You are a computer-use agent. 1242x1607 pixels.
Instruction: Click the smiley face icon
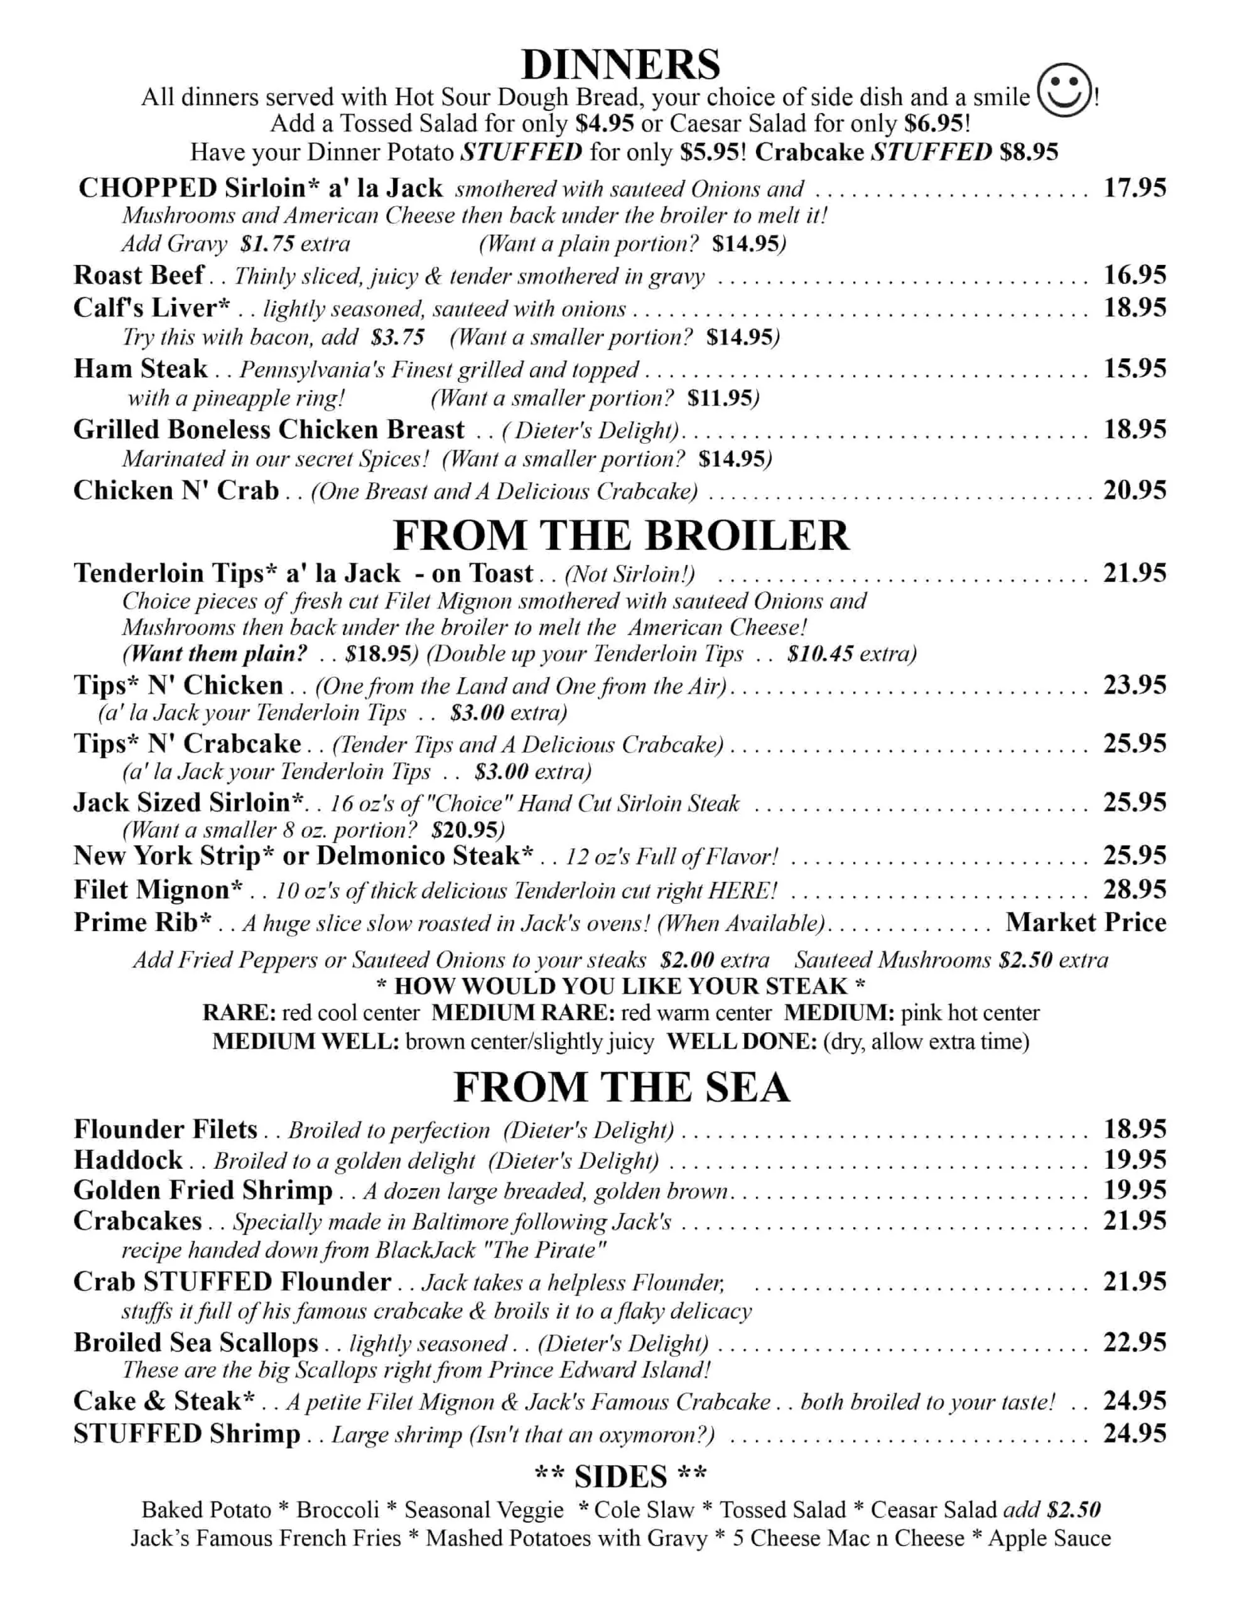(x=1063, y=90)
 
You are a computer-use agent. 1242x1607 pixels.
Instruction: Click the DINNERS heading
(x=620, y=65)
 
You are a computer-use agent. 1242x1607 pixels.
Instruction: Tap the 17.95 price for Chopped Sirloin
(x=1135, y=188)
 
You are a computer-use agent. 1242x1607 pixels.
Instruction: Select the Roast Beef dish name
(x=138, y=275)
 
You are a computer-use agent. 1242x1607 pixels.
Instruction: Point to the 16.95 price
(x=1135, y=275)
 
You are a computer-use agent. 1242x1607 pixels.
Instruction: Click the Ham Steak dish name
(x=141, y=368)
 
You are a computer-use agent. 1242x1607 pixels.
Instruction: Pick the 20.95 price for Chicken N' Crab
(x=1135, y=490)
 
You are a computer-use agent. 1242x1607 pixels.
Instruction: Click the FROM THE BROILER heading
(x=620, y=535)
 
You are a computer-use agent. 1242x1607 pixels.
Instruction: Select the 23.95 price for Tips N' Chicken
(x=1135, y=685)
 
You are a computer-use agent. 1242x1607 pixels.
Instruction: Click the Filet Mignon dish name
(x=158, y=890)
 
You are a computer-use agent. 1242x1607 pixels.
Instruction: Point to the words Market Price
(x=1086, y=923)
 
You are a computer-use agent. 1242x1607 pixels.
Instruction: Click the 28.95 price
(x=1135, y=890)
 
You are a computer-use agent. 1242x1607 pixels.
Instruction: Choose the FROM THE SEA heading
(x=620, y=1087)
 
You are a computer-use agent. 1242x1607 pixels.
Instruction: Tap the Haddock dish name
(x=128, y=1160)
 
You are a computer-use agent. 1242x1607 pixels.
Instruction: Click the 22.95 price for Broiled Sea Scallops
(x=1135, y=1343)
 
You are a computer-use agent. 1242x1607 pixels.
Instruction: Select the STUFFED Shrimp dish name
(x=187, y=1434)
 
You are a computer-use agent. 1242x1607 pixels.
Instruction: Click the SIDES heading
(x=620, y=1477)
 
